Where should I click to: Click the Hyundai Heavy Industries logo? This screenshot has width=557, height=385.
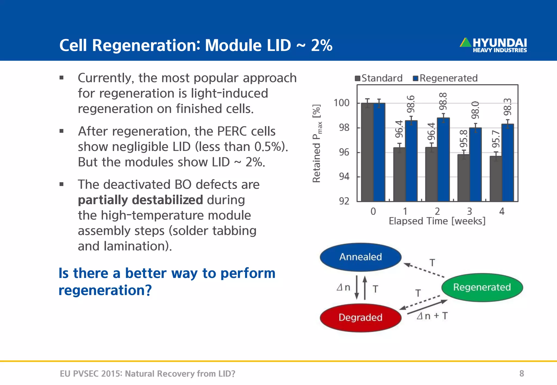(493, 45)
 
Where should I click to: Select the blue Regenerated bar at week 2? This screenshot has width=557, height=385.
(443, 160)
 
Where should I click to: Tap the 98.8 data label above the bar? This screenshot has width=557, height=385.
(443, 101)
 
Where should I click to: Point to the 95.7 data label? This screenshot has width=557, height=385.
(496, 139)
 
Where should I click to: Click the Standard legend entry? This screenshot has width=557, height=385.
(379, 78)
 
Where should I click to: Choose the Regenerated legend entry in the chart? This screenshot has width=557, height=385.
(445, 78)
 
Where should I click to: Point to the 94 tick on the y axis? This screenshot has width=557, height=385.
(344, 177)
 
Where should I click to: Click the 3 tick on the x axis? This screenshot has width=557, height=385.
(469, 211)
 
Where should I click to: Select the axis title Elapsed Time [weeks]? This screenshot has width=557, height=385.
(437, 221)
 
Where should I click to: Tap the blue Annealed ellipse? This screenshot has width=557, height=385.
(361, 257)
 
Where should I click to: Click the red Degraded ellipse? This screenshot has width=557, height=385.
(361, 317)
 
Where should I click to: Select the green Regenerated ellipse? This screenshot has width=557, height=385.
(482, 287)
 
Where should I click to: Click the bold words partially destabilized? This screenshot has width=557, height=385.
(140, 200)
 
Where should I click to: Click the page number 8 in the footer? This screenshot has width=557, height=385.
(521, 374)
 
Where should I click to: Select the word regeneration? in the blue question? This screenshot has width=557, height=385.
(105, 290)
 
